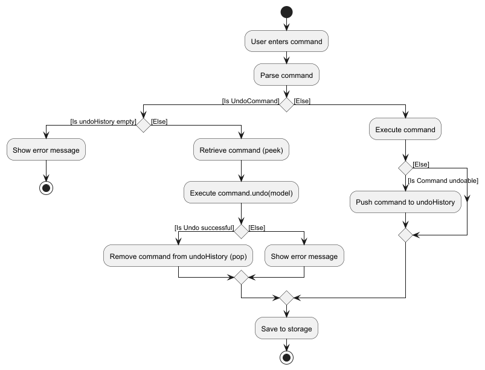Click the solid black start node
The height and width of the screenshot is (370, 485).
286,12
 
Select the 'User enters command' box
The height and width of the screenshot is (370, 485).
286,42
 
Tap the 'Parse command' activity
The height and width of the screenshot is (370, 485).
286,75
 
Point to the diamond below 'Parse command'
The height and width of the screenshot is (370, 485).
286,104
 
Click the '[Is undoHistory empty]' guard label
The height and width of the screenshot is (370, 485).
103,121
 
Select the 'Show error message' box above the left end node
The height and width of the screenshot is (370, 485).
46,150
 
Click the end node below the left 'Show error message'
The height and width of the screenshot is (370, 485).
46,188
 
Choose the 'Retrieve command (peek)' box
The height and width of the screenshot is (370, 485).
241,150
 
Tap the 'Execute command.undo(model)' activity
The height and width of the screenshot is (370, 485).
241,193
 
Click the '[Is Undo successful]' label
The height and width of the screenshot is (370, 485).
204,228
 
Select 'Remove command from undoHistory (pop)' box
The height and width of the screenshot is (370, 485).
178,256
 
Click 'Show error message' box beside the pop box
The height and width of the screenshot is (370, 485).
304,256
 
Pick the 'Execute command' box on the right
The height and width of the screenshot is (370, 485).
405,129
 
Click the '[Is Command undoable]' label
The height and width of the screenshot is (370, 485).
443,180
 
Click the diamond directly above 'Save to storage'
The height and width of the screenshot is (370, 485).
286,298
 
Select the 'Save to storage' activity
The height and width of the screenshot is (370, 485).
286,328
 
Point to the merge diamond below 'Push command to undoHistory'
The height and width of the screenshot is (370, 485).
405,235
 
